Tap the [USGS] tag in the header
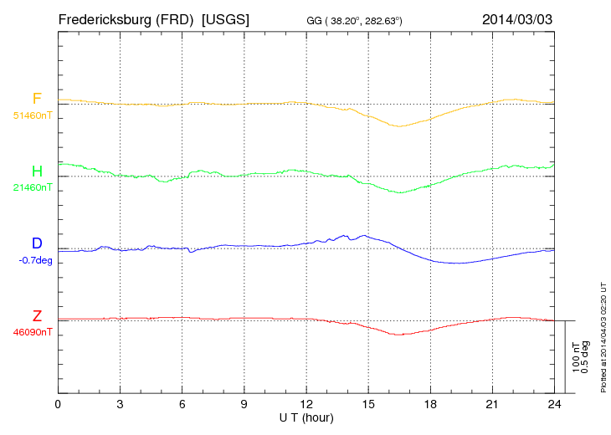226,18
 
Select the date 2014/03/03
517,18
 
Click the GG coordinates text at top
355,19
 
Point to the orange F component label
37,100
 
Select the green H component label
37,171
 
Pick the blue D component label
37,244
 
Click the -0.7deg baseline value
35,260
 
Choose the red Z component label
37,316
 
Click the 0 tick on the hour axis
58,404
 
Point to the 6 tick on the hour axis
182,404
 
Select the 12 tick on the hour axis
306,404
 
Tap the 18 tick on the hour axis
430,404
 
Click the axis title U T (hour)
306,417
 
